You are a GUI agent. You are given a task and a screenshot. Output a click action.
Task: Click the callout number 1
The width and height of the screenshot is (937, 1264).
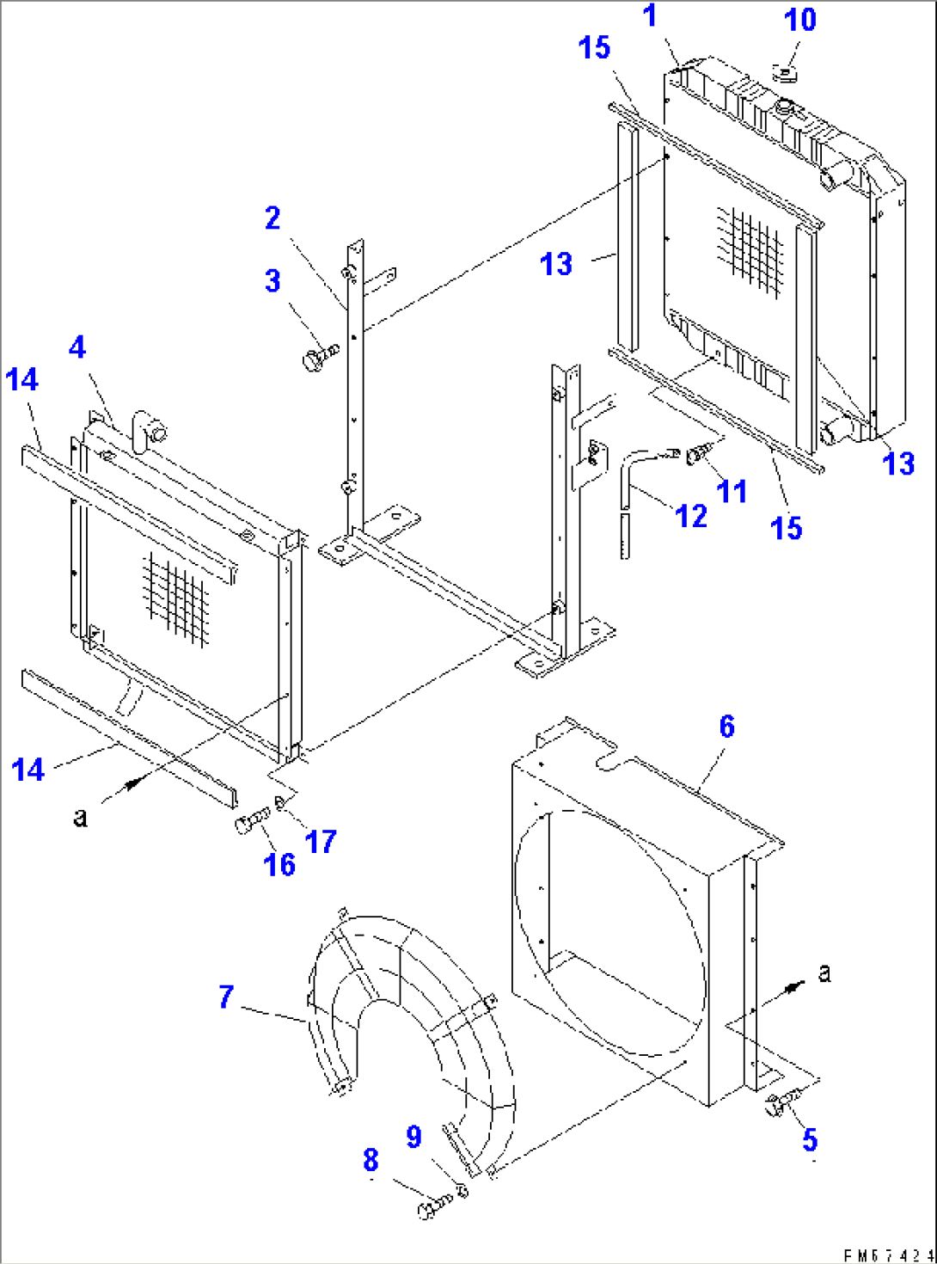click(650, 15)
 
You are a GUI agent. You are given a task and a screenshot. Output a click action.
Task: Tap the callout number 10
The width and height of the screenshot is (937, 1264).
click(799, 19)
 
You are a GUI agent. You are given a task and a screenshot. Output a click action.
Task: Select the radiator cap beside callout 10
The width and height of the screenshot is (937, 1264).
click(786, 73)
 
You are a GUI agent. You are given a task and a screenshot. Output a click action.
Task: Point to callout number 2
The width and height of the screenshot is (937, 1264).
click(272, 218)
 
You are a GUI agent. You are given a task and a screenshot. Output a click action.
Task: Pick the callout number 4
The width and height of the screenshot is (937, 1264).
click(77, 347)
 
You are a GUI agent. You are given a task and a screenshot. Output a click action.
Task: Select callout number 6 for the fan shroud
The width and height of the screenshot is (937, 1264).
click(726, 727)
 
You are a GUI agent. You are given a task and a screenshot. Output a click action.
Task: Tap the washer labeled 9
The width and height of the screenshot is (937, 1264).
click(462, 1191)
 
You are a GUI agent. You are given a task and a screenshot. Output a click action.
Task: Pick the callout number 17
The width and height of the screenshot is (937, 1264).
click(321, 841)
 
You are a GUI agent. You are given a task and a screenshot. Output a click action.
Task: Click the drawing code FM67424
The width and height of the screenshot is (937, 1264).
click(888, 1255)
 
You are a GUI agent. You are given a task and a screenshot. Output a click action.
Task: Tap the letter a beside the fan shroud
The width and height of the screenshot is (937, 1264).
click(824, 973)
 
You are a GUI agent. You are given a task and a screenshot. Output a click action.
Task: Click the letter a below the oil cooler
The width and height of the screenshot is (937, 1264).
click(80, 816)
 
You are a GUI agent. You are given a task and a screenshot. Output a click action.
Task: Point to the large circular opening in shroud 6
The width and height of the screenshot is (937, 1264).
click(610, 933)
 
